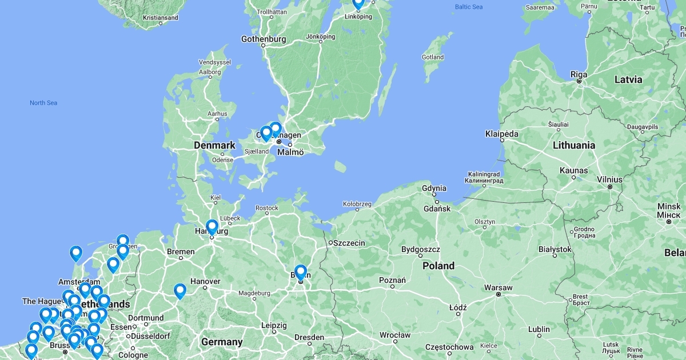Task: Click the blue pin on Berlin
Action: pyautogui.click(x=301, y=272)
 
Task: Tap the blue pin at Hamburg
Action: pyautogui.click(x=212, y=227)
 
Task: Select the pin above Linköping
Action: pyautogui.click(x=358, y=3)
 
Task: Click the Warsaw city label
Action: pyautogui.click(x=497, y=287)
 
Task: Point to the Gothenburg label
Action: pyautogui.click(x=264, y=39)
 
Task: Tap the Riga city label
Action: pyautogui.click(x=579, y=74)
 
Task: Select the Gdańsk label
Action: pyautogui.click(x=437, y=209)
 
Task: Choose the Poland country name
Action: pyautogui.click(x=438, y=266)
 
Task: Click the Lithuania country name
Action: pyautogui.click(x=574, y=145)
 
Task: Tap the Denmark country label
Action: pyautogui.click(x=214, y=145)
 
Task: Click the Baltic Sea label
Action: pyautogui.click(x=469, y=7)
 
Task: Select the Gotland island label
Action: pyautogui.click(x=433, y=57)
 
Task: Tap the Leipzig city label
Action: pyautogui.click(x=274, y=325)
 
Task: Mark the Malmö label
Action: pyautogui.click(x=290, y=152)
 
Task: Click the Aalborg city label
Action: pyautogui.click(x=210, y=72)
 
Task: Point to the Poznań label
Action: pyautogui.click(x=392, y=280)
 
